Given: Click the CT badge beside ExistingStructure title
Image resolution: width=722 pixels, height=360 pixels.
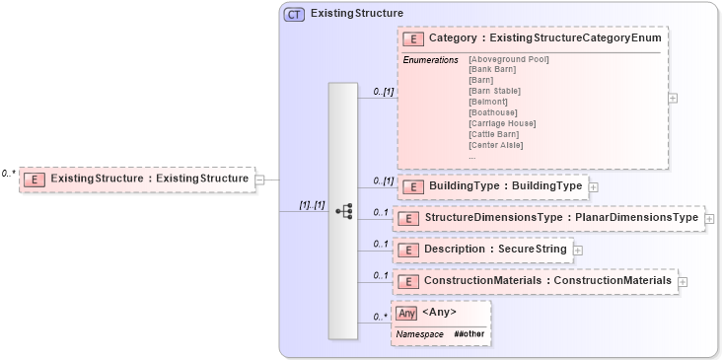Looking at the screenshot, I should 294,15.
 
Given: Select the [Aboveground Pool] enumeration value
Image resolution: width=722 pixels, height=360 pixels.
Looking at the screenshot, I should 509,59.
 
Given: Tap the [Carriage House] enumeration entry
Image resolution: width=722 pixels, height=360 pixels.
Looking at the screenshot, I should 502,123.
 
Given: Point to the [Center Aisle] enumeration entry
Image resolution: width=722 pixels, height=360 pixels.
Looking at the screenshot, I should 496,145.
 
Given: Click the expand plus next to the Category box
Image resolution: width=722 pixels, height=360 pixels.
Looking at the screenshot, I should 673,98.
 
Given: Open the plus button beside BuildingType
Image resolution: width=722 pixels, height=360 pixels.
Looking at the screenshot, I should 594,185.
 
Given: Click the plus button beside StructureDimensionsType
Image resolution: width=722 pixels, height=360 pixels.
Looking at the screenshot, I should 710,217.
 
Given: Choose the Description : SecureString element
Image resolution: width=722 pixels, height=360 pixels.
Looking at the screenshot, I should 497,250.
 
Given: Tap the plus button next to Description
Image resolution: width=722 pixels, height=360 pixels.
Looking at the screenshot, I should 578,250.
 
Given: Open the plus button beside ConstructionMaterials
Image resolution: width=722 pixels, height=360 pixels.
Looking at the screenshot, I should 683,281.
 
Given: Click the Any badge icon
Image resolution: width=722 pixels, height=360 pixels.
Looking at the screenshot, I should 406,313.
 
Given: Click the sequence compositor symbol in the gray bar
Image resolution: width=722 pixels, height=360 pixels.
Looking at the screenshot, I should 344,211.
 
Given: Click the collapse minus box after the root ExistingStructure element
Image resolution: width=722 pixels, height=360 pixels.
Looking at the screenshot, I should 260,180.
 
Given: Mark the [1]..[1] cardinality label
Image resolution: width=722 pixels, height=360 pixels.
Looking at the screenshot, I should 312,205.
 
